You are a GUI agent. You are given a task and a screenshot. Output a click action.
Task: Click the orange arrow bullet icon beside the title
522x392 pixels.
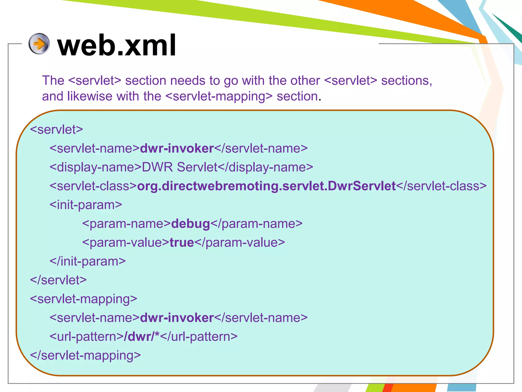pyautogui.click(x=39, y=44)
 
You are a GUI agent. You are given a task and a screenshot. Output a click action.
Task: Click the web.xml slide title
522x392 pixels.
pyautogui.click(x=117, y=45)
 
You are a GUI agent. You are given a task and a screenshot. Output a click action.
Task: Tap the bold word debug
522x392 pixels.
pyautogui.click(x=190, y=224)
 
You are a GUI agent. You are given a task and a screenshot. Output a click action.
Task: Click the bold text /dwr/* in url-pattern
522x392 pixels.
pyautogui.click(x=141, y=337)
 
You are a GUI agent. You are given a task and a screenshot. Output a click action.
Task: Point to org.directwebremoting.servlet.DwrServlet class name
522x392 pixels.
pyautogui.click(x=266, y=186)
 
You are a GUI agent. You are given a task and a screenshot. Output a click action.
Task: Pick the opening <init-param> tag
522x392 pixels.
pyautogui.click(x=86, y=205)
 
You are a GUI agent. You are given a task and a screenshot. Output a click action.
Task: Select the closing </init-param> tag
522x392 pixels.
pyautogui.click(x=88, y=261)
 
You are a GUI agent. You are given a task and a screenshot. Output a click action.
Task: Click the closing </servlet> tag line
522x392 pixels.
pyautogui.click(x=58, y=280)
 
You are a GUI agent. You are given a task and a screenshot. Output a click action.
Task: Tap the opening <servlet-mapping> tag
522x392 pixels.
pyautogui.click(x=84, y=299)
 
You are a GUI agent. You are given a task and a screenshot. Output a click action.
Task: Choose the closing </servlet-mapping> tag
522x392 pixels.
pyautogui.click(x=85, y=356)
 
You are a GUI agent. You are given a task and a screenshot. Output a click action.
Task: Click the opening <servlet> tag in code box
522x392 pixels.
pyautogui.click(x=57, y=130)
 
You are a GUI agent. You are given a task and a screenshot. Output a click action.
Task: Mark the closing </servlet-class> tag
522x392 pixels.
pyautogui.click(x=441, y=186)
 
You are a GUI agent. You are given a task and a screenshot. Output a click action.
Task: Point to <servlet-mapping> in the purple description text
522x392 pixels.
pyautogui.click(x=219, y=96)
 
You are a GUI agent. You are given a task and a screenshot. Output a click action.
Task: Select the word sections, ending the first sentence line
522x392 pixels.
pyautogui.click(x=407, y=81)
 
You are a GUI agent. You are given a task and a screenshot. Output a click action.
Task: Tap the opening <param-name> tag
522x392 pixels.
pyautogui.click(x=126, y=224)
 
